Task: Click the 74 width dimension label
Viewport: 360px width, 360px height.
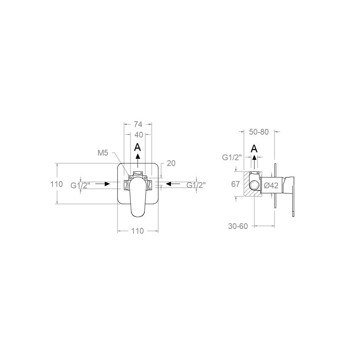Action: (138, 124)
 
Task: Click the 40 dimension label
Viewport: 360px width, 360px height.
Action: (139, 135)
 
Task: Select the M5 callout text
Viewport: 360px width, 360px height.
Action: (103, 153)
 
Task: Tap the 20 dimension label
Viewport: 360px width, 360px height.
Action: (171, 163)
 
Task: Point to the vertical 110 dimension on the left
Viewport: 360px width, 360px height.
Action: (57, 184)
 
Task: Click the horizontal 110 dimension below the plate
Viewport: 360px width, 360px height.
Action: (138, 231)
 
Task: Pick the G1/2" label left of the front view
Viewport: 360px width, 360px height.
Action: (80, 185)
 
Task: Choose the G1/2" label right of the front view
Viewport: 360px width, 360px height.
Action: (196, 185)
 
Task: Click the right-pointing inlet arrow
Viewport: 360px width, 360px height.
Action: (102, 184)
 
